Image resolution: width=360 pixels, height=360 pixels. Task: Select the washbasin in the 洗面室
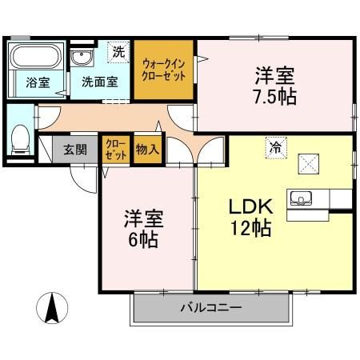[x=81, y=58]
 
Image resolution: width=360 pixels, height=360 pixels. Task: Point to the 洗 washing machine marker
[x=118, y=52]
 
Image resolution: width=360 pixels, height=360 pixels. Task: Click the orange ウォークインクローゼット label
[x=164, y=69]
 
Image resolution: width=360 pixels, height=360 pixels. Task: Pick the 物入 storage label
[x=147, y=149]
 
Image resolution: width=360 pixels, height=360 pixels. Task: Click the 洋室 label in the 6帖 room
[x=140, y=217]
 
